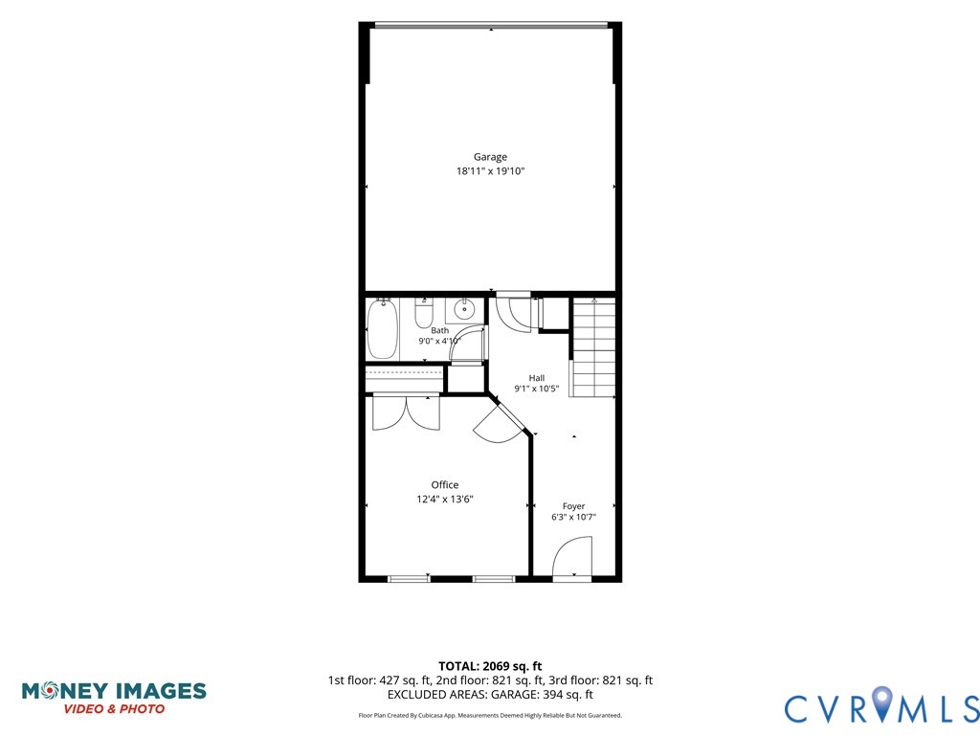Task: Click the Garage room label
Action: pyautogui.click(x=490, y=157)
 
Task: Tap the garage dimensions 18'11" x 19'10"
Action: pyautogui.click(x=490, y=170)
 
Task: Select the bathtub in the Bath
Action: pyautogui.click(x=383, y=328)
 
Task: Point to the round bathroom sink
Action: pyautogui.click(x=464, y=309)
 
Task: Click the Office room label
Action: pyautogui.click(x=445, y=485)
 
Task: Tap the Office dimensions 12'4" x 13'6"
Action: pyautogui.click(x=445, y=499)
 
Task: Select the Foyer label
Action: pyautogui.click(x=574, y=506)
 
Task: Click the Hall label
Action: pyautogui.click(x=537, y=377)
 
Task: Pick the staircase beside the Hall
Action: pyautogui.click(x=593, y=347)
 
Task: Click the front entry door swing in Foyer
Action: pyautogui.click(x=572, y=558)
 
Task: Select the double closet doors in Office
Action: pyautogui.click(x=406, y=413)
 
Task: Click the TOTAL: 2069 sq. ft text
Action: pyautogui.click(x=490, y=666)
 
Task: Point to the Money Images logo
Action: pyautogui.click(x=114, y=698)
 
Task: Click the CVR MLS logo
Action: pyautogui.click(x=881, y=706)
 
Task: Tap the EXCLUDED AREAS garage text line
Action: pyautogui.click(x=490, y=695)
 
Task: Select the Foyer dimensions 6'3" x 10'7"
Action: pyautogui.click(x=574, y=517)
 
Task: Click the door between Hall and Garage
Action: pyautogui.click(x=513, y=312)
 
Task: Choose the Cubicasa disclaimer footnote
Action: pyautogui.click(x=490, y=715)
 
